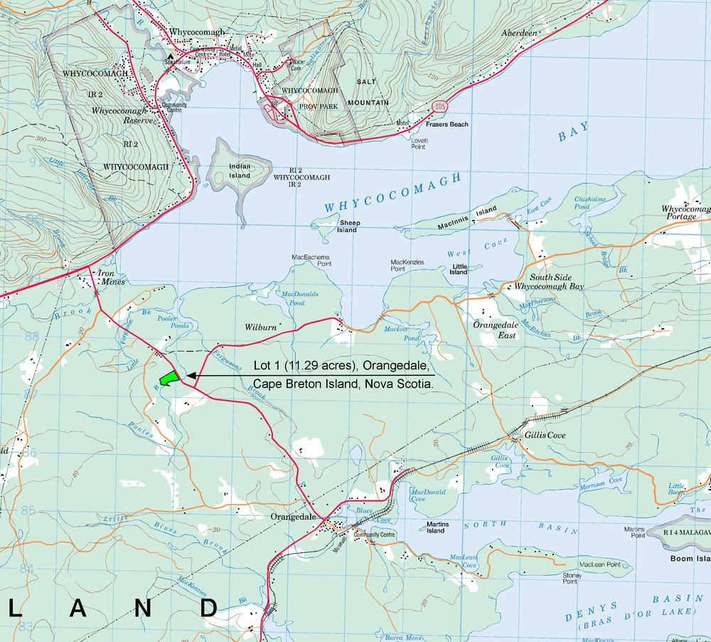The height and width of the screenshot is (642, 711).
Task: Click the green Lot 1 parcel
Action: pos(168,379)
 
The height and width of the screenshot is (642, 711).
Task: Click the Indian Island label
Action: pos(240,171)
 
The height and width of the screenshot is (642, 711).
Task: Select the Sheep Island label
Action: pos(347,226)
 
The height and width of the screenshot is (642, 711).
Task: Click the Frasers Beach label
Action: pos(447,125)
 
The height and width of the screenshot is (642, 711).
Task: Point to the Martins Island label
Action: pos(435,527)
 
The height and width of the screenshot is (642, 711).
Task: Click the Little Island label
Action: pos(459,268)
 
